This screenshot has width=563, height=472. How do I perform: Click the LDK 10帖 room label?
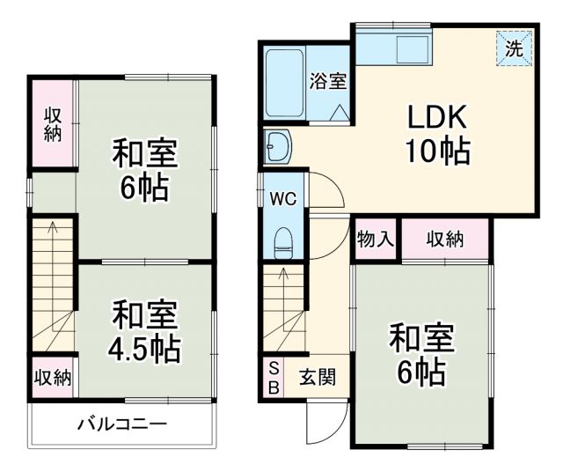click(x=436, y=135)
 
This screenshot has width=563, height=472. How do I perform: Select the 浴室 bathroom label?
click(x=327, y=81)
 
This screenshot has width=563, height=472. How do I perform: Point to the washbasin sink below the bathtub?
click(x=278, y=146)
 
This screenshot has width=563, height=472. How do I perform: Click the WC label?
click(x=282, y=197)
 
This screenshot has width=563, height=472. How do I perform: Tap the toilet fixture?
click(x=283, y=240)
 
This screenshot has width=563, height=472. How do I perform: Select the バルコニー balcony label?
click(x=121, y=424)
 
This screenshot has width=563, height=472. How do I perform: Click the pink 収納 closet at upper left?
click(x=53, y=123)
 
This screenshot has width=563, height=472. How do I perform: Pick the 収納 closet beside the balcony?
click(x=53, y=378)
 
